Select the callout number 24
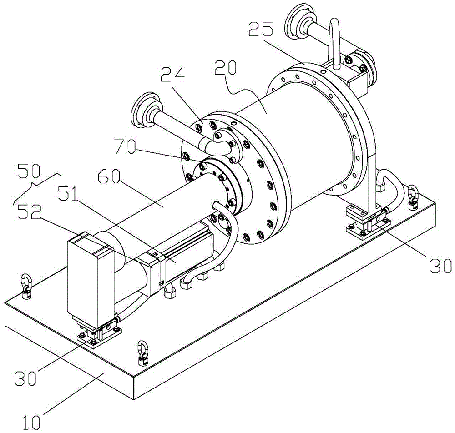click(173, 75)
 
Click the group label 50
click(28, 171)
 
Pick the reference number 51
click(68, 193)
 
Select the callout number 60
click(109, 176)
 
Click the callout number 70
click(125, 147)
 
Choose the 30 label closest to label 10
click(26, 378)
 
